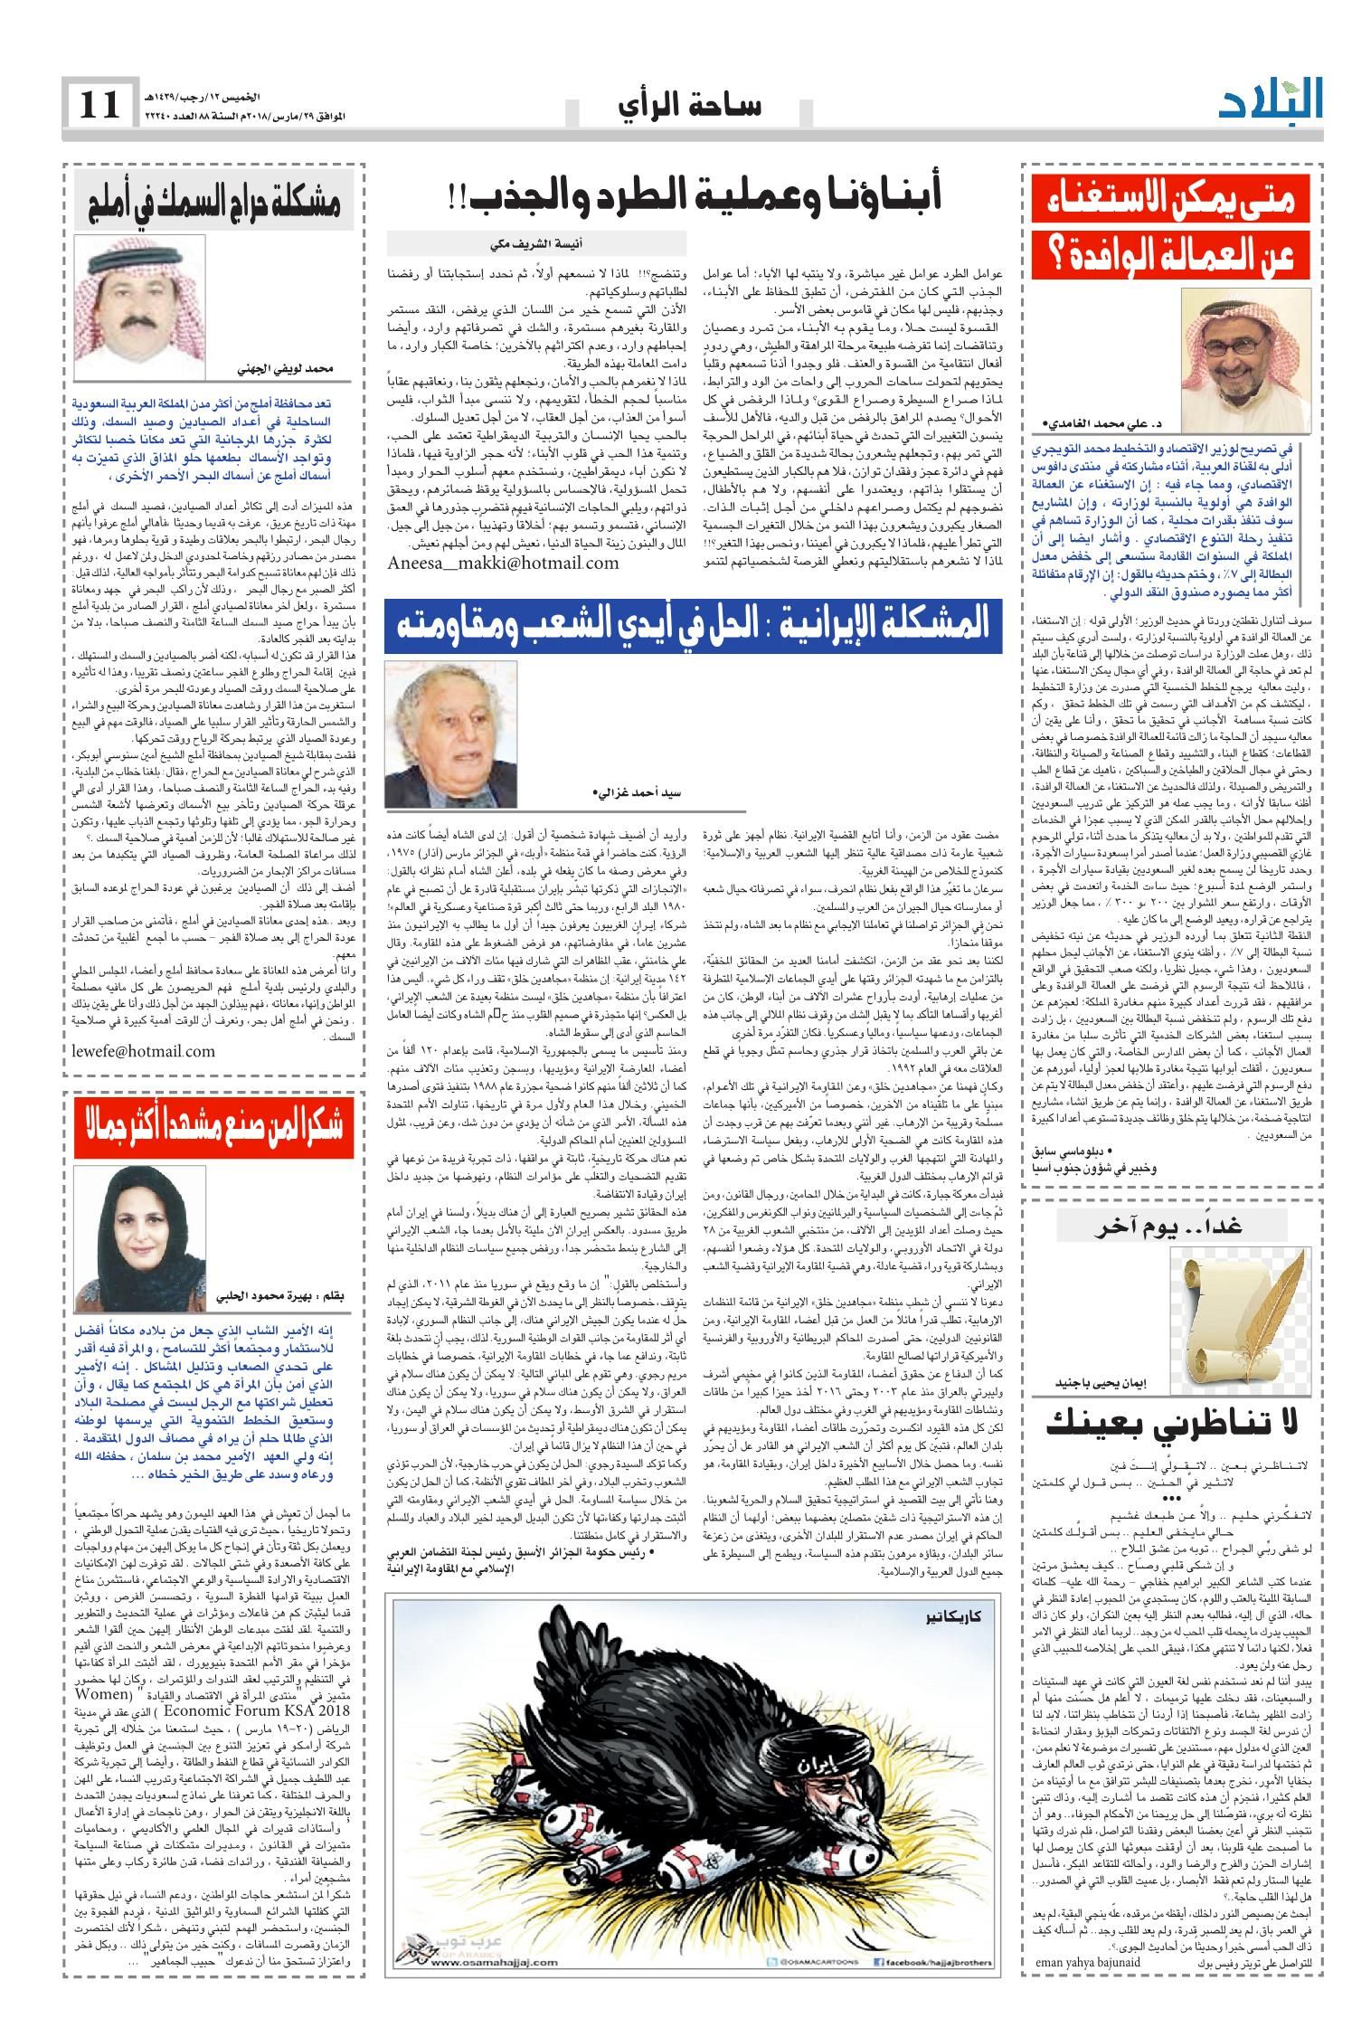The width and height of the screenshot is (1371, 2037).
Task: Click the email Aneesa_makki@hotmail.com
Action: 504,563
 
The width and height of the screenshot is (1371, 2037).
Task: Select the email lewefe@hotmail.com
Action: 143,1050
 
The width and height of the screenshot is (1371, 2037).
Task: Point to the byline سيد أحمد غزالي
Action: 640,793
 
